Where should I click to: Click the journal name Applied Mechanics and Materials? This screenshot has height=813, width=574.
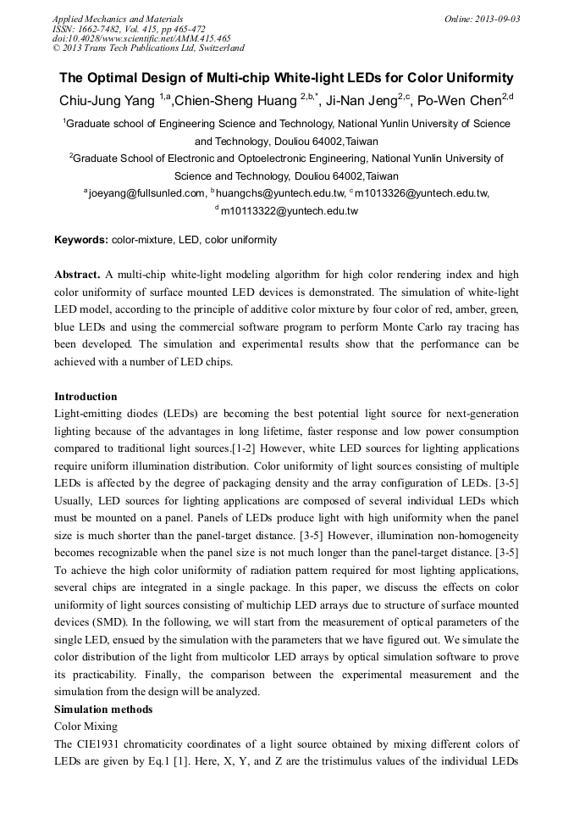click(x=117, y=18)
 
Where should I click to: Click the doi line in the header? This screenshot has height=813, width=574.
click(x=141, y=38)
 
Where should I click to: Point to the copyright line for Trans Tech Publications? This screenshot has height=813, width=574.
click(x=148, y=48)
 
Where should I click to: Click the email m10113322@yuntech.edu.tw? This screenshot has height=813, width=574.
click(x=289, y=210)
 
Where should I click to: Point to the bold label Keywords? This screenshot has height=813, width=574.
click(x=81, y=240)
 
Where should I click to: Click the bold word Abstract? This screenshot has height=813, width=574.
click(x=77, y=276)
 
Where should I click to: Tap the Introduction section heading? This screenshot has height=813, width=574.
click(x=86, y=396)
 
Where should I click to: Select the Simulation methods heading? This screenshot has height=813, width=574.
click(x=103, y=709)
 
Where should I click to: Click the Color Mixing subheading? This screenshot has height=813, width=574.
click(x=86, y=727)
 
